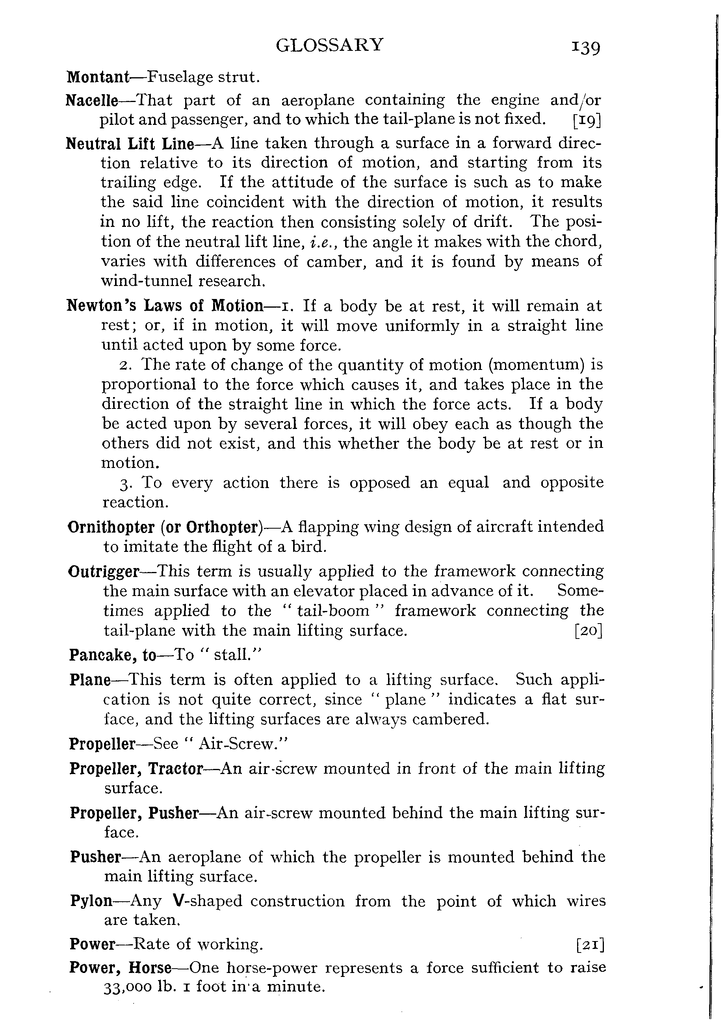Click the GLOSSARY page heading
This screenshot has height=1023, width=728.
(x=329, y=45)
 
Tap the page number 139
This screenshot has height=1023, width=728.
(x=585, y=46)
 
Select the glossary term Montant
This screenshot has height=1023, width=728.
(x=98, y=77)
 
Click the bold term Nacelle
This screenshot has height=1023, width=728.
(x=92, y=100)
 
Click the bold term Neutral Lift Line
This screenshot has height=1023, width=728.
(x=130, y=143)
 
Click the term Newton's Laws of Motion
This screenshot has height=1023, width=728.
(x=165, y=306)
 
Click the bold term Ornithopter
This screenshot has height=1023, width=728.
(x=111, y=527)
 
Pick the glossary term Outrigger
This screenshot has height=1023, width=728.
(x=104, y=572)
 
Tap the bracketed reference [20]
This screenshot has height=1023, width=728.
(x=588, y=631)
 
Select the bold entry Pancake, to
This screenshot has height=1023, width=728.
(x=113, y=655)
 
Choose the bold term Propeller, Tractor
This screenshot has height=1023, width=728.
(x=136, y=769)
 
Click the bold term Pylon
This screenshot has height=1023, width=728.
(x=91, y=900)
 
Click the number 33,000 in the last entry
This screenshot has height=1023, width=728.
(x=127, y=987)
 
